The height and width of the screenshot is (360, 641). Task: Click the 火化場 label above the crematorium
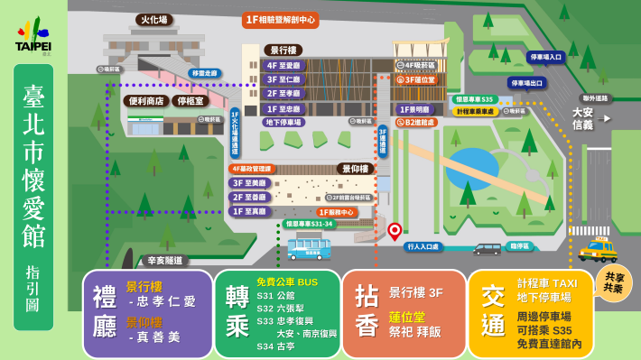153,20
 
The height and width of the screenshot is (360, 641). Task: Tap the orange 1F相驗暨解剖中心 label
280,20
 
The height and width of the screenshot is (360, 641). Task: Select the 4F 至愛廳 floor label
284,65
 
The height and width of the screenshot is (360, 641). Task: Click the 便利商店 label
145,101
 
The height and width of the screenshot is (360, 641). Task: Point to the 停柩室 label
191,101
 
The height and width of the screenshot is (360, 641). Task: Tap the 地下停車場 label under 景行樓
283,123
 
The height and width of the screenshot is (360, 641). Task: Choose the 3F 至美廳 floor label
250,182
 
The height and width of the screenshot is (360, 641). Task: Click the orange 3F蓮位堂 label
416,79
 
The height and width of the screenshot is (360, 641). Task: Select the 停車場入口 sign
545,57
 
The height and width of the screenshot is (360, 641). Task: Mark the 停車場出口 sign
527,83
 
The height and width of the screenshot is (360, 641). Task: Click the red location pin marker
395,230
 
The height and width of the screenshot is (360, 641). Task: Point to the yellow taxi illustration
598,248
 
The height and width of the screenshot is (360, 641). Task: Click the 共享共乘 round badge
614,282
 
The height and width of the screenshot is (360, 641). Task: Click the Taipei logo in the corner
33,36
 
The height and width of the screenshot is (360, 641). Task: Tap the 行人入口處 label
423,246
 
